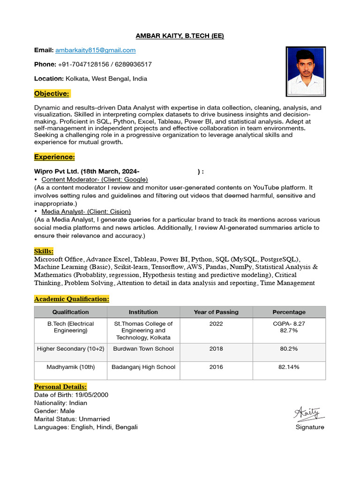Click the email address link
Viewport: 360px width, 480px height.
click(x=95, y=50)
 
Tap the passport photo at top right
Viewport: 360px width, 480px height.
click(x=306, y=71)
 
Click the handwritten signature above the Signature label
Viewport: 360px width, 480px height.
click(x=308, y=414)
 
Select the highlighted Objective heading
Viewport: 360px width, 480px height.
click(x=52, y=94)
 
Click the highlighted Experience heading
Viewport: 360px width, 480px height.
click(x=54, y=157)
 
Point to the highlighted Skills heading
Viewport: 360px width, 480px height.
click(x=44, y=251)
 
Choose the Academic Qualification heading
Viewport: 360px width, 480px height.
click(x=72, y=299)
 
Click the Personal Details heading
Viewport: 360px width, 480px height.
click(x=60, y=387)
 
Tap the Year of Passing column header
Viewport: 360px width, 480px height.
click(x=216, y=312)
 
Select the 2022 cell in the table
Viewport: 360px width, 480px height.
click(x=216, y=324)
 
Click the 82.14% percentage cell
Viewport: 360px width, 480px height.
click(x=289, y=367)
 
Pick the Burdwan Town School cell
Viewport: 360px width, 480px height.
click(x=143, y=349)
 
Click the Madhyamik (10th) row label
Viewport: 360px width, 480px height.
click(x=71, y=367)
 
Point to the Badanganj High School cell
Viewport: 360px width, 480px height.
click(x=143, y=367)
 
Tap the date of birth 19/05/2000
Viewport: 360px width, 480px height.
click(x=92, y=395)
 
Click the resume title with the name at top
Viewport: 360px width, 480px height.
click(x=180, y=36)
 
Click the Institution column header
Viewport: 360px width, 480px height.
click(x=143, y=312)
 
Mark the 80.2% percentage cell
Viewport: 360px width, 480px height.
click(x=289, y=349)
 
